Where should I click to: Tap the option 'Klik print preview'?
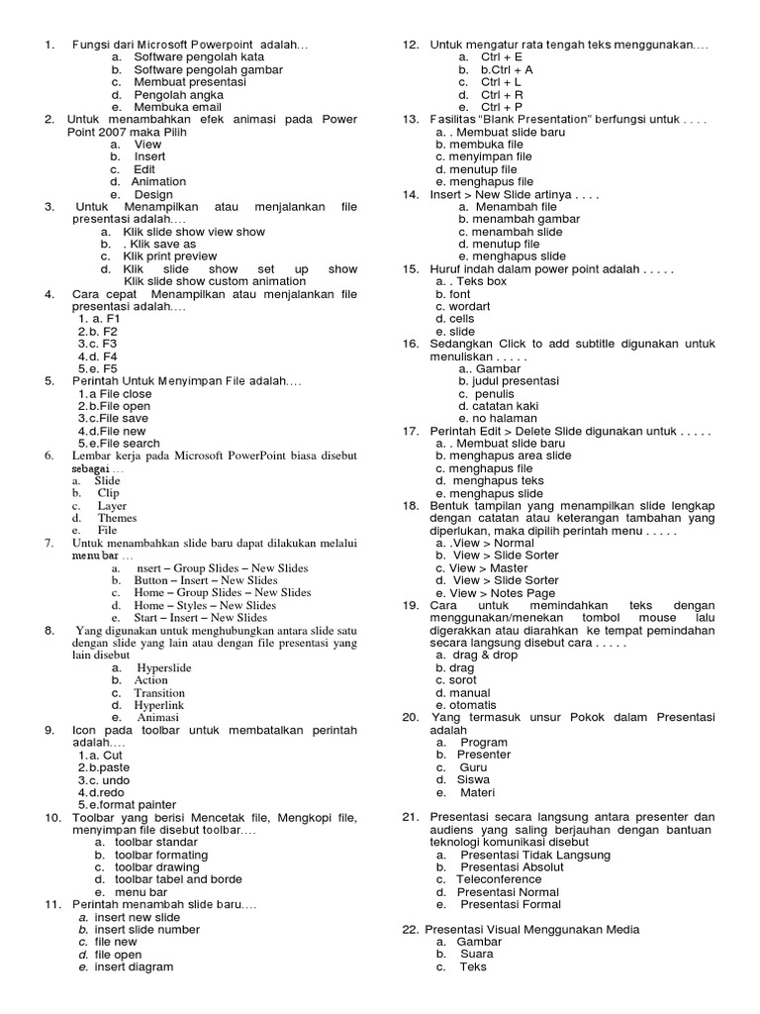(x=169, y=255)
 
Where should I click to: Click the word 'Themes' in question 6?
(x=117, y=518)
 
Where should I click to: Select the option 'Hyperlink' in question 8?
(x=159, y=705)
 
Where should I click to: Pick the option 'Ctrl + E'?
(x=502, y=57)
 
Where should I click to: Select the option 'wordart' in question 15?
(x=469, y=306)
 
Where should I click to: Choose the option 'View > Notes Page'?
(x=486, y=592)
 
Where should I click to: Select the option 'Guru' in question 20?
(x=473, y=767)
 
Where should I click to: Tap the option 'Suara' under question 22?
(x=476, y=954)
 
